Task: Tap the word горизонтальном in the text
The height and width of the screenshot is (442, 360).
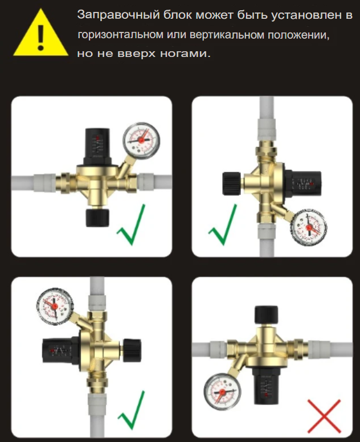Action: click(120, 35)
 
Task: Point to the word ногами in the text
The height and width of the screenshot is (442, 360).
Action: click(185, 54)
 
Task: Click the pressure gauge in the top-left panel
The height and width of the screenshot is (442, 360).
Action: click(141, 140)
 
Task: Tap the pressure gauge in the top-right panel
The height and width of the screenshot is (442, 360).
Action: click(309, 227)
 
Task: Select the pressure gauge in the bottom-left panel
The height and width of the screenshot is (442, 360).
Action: click(55, 306)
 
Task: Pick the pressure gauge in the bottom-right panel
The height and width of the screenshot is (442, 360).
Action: click(222, 391)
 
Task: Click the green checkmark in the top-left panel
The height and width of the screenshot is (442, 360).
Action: click(132, 224)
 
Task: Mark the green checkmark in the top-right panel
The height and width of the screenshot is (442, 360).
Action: click(223, 224)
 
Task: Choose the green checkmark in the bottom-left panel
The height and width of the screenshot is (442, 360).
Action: click(132, 410)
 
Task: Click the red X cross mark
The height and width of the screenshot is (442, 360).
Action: click(324, 416)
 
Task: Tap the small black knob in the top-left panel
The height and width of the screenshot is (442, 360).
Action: click(97, 218)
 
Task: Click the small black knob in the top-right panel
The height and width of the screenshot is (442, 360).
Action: click(231, 183)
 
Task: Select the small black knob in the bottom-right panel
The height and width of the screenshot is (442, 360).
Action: click(266, 314)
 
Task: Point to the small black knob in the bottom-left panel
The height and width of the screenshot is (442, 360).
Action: click(132, 350)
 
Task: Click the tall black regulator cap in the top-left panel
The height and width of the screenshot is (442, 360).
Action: click(97, 146)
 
